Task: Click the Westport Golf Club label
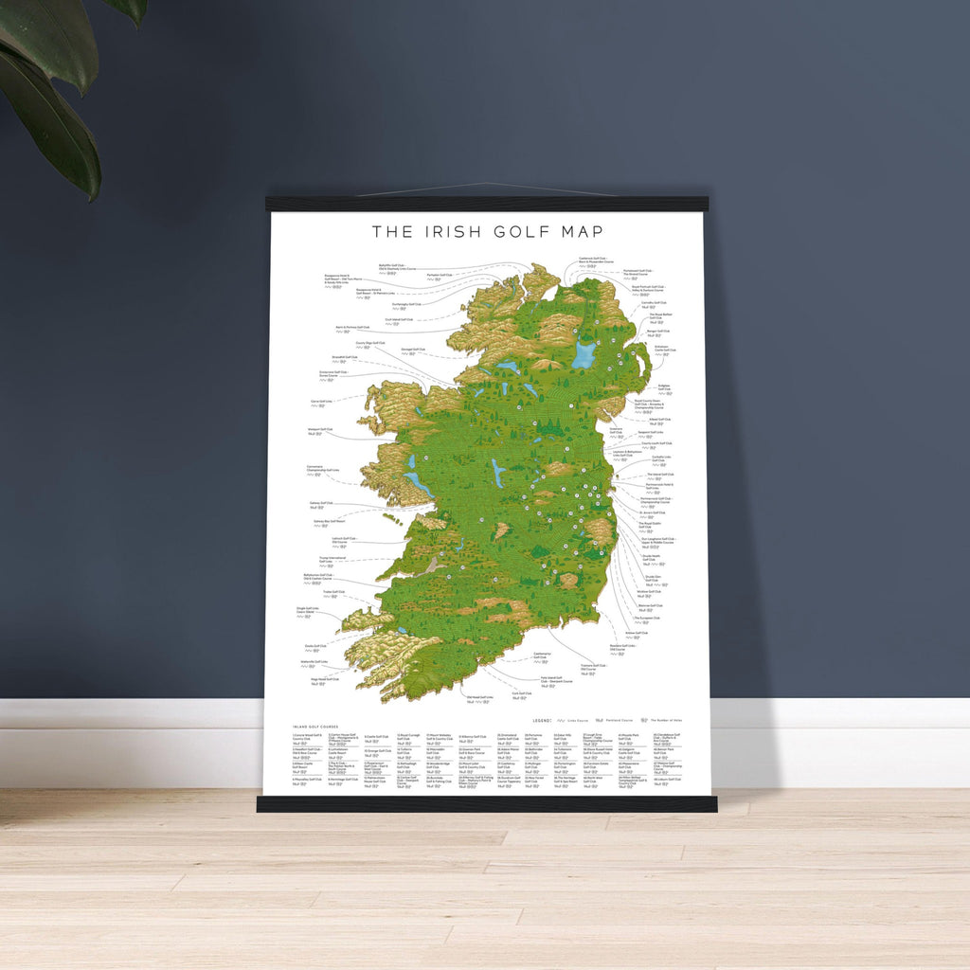point(320,429)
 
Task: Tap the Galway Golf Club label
point(320,503)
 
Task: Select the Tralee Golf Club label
point(333,592)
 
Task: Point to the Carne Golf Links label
point(320,402)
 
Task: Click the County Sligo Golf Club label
point(370,343)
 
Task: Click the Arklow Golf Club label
point(636,633)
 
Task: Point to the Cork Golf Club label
point(520,692)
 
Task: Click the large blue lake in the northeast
point(584,355)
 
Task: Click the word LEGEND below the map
point(542,721)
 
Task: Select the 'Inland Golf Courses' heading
point(312,727)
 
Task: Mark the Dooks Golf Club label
point(316,646)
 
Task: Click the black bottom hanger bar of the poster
point(486,804)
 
